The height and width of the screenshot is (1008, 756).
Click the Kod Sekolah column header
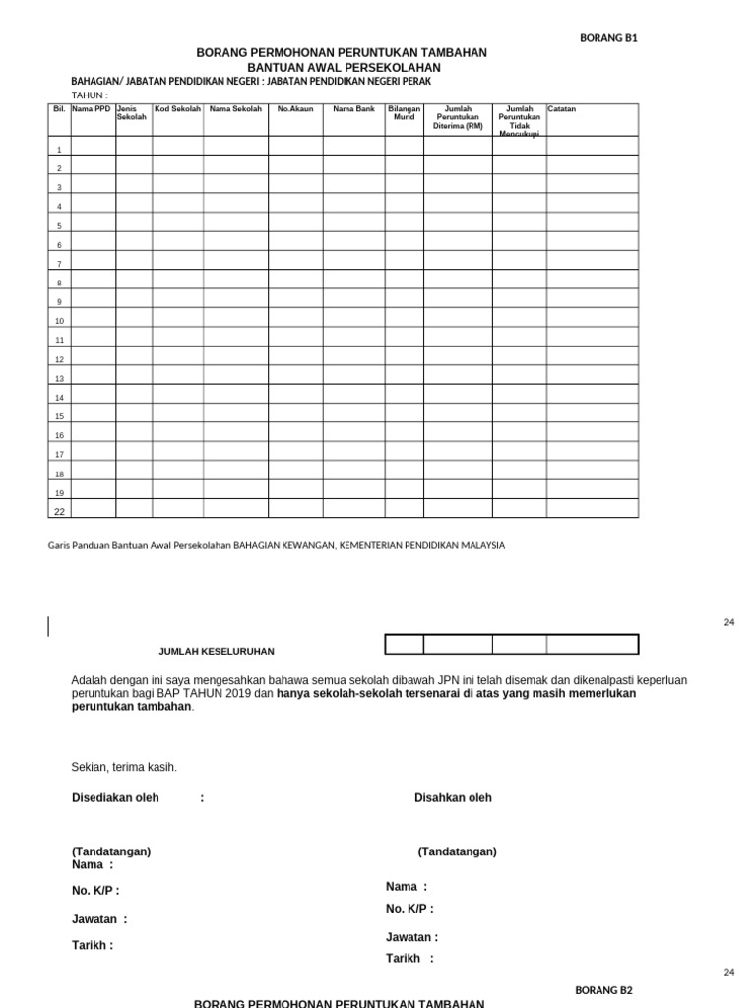177,109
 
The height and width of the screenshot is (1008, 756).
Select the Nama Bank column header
353,109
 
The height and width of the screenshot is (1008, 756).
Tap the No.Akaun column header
295,109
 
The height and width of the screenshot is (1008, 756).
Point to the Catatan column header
562,109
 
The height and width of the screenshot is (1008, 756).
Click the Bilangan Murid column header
405,113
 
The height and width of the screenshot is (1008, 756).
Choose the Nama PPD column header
93,109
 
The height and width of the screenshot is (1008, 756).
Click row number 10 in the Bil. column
59,321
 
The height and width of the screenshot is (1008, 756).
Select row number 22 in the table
59,511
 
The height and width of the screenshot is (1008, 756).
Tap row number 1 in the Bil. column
59,150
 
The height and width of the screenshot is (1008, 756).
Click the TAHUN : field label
91,94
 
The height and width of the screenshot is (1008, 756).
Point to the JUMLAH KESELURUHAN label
217,651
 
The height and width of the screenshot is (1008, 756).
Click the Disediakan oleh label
115,798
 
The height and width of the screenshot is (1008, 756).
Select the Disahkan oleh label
453,798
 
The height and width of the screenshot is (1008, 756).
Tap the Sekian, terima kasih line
124,767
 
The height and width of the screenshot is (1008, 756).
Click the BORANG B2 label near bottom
603,990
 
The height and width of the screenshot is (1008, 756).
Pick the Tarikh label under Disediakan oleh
92,945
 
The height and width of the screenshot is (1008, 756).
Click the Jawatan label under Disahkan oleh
411,937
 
